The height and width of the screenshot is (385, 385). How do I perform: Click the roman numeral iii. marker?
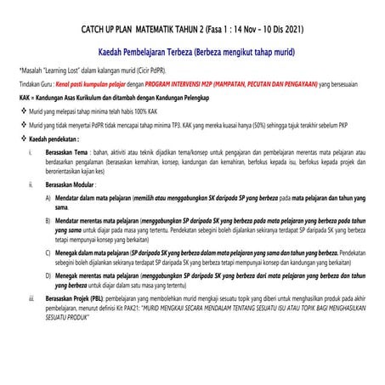pyautogui.click(x=31, y=299)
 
